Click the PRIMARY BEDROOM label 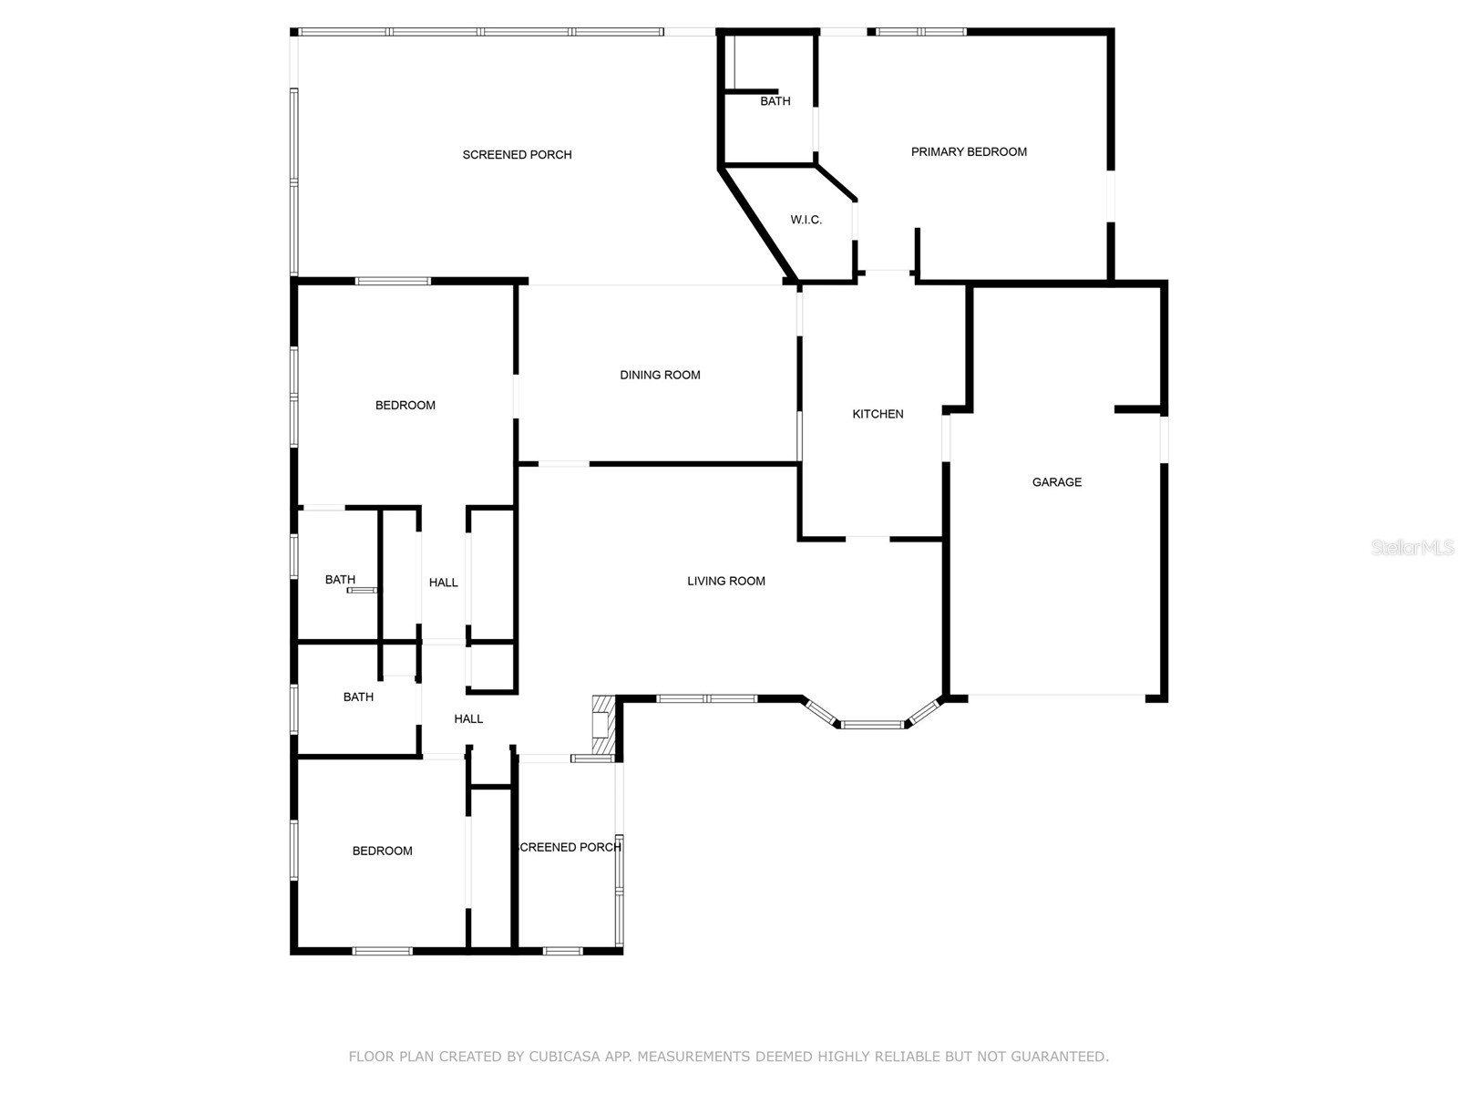click(969, 152)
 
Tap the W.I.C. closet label click(806, 220)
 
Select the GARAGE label click(1056, 482)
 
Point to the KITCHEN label click(878, 414)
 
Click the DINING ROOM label click(660, 375)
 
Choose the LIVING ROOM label click(725, 581)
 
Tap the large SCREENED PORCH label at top click(517, 155)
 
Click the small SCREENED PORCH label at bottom click(570, 847)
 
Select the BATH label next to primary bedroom click(775, 101)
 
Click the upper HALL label click(443, 583)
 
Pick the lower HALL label click(468, 718)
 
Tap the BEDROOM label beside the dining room click(405, 405)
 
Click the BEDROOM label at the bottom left click(382, 851)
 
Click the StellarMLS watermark click(1412, 547)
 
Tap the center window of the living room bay click(872, 725)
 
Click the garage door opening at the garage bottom click(1056, 697)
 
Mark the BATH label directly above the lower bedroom click(358, 697)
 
